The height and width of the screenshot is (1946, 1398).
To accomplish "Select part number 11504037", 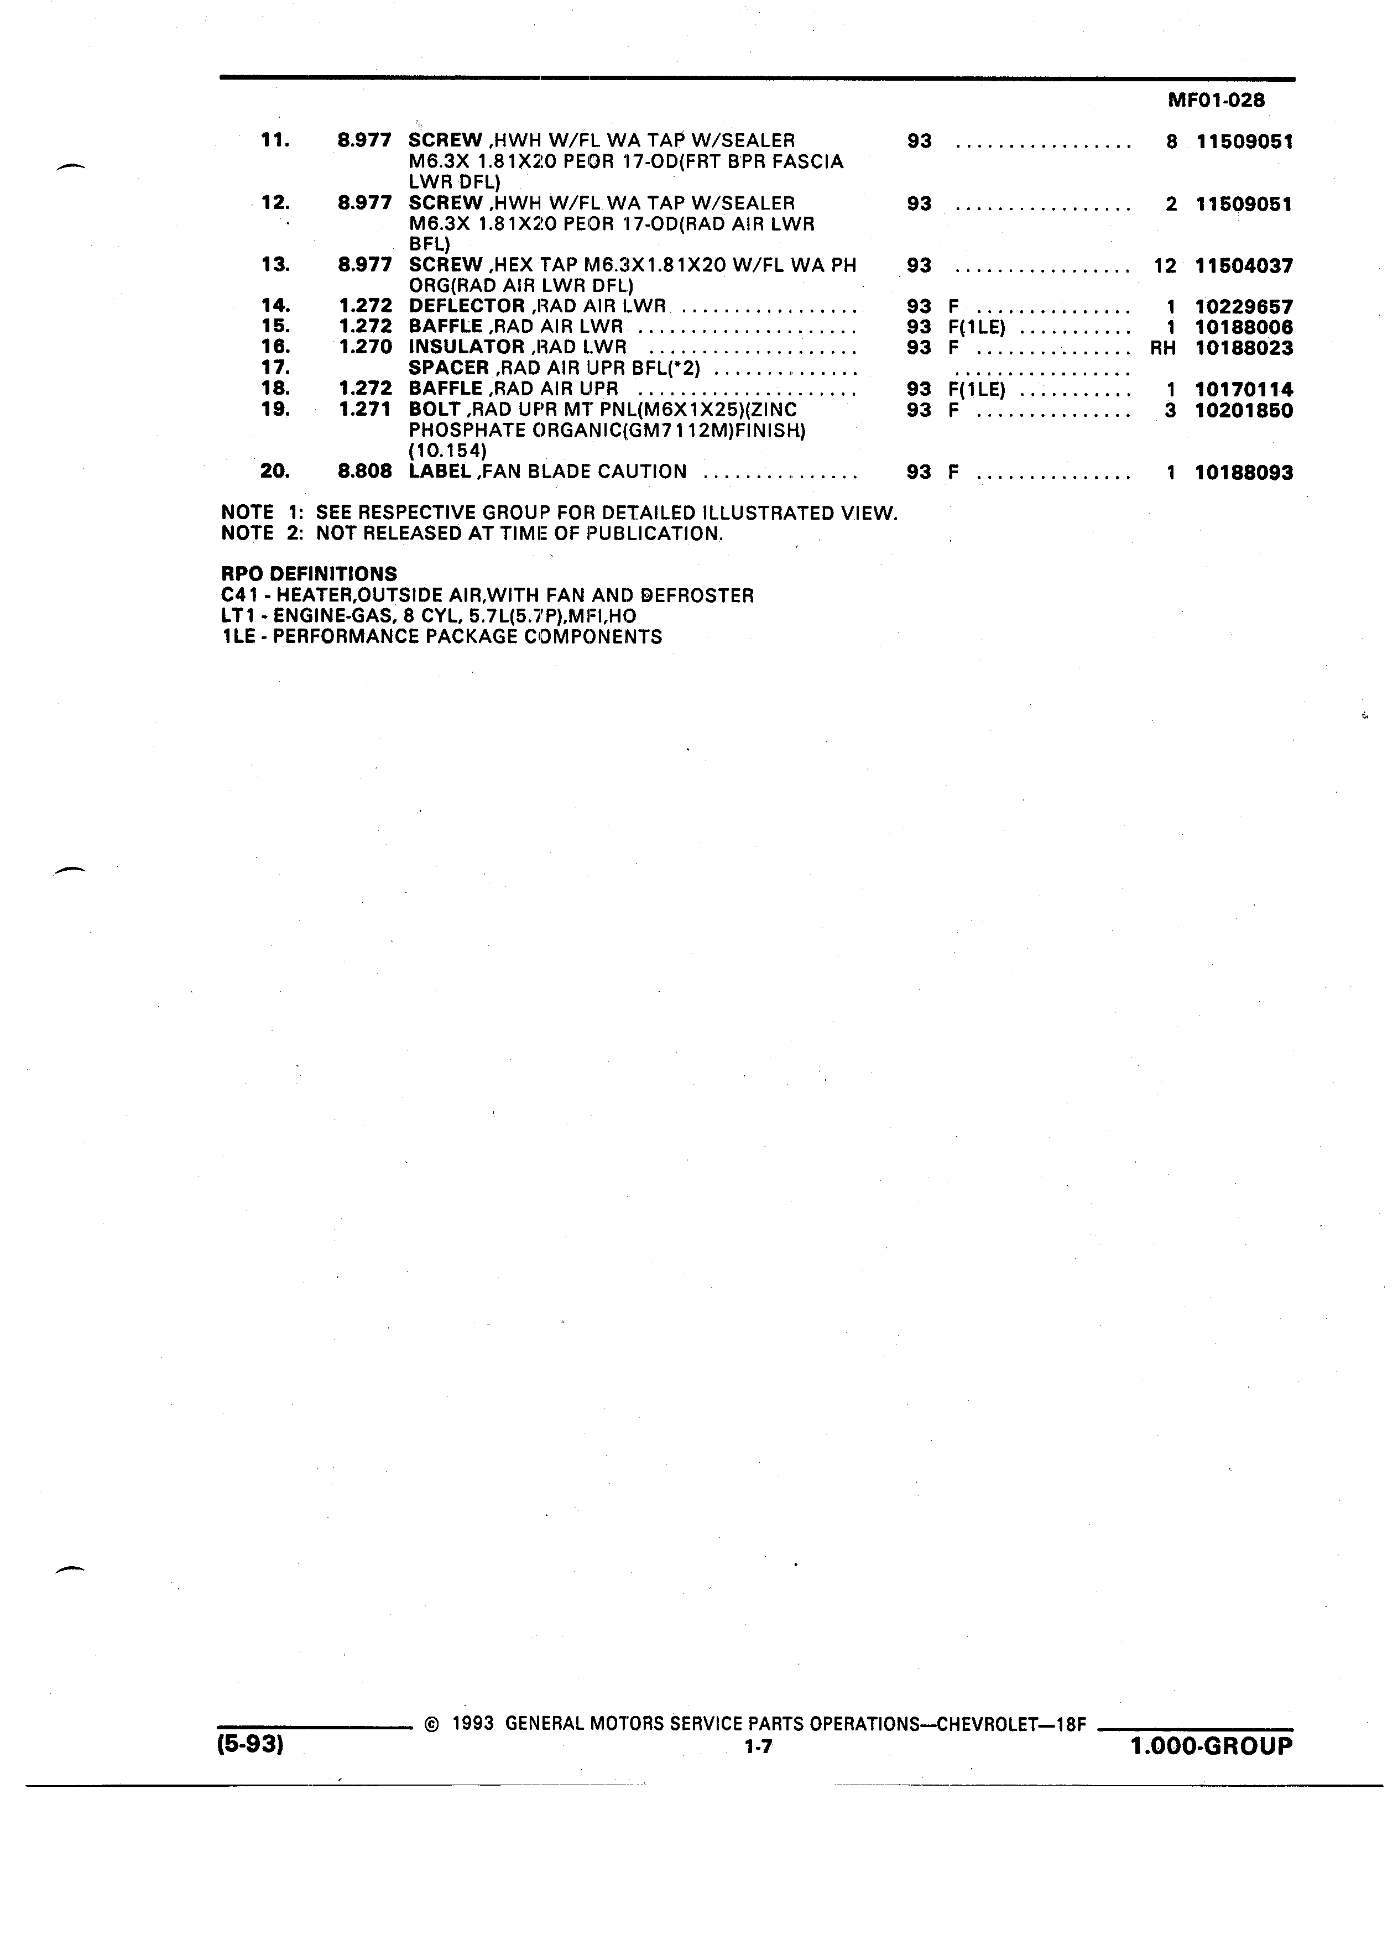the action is (1244, 266).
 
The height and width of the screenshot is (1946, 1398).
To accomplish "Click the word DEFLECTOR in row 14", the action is (467, 306).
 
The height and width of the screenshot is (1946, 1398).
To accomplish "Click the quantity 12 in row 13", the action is (1165, 266).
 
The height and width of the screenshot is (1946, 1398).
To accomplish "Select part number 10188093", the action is (1244, 473).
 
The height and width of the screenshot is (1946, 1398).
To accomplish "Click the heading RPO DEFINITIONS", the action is (309, 574).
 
